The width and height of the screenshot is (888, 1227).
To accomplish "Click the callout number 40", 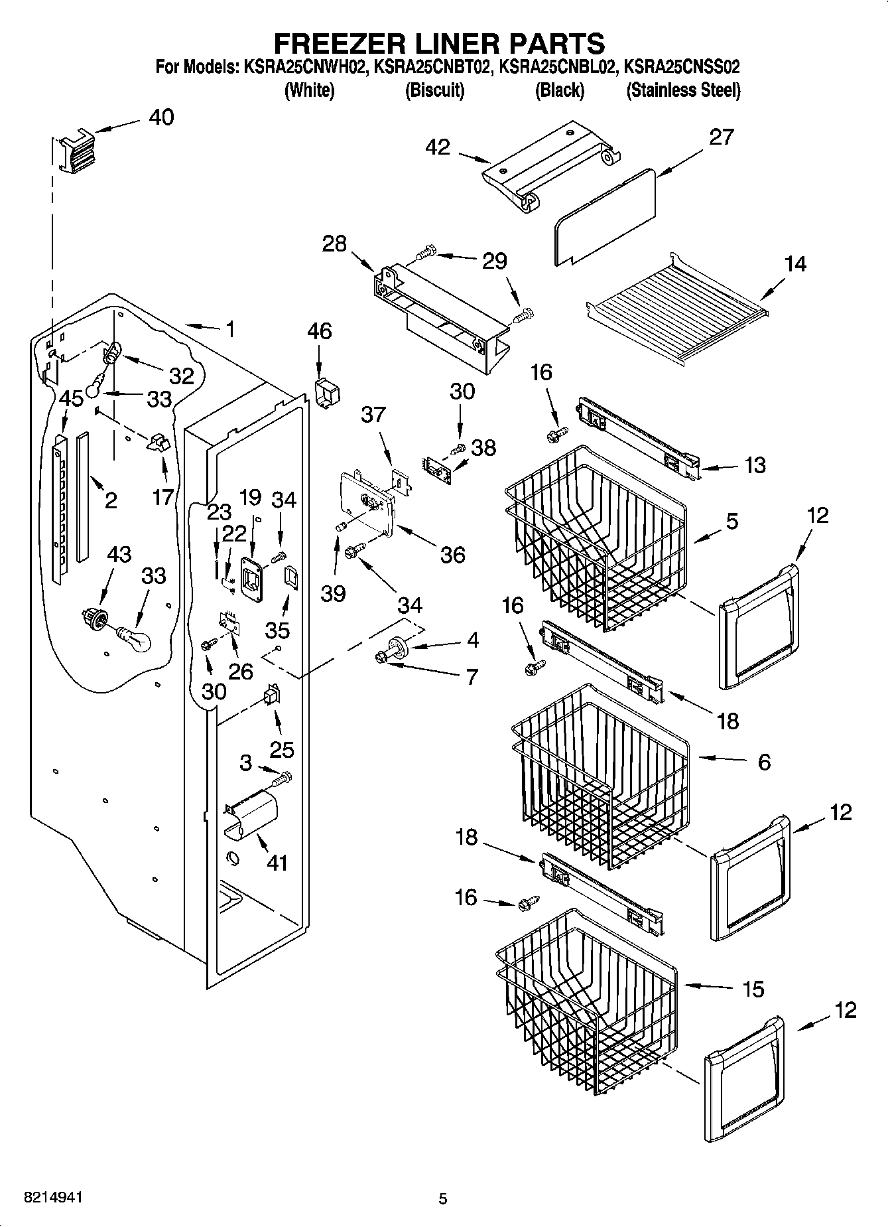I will [x=161, y=117].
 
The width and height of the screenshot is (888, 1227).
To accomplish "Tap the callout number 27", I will [x=721, y=137].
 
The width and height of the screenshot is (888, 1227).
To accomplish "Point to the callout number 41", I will [x=277, y=863].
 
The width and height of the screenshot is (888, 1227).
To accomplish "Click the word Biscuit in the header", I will [x=434, y=90].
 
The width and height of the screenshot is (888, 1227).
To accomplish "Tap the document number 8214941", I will [x=53, y=1198].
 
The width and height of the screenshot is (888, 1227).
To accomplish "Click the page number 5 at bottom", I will [x=443, y=1198].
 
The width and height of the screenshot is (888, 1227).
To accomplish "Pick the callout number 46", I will [x=319, y=330].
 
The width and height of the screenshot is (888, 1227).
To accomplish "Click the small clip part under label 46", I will [x=326, y=394].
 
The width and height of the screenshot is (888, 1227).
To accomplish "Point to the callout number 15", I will [x=753, y=989].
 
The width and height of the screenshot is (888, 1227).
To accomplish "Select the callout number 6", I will [x=764, y=762].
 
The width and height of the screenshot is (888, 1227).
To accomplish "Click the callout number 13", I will [x=755, y=465].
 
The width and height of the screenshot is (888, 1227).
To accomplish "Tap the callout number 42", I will [x=438, y=147].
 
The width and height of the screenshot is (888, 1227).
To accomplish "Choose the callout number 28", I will [x=334, y=244].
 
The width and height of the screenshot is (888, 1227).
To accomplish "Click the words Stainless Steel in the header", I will [x=683, y=90].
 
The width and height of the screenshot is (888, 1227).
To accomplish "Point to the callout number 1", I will [x=230, y=329].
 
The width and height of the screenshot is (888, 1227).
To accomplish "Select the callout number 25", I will [x=281, y=750].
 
